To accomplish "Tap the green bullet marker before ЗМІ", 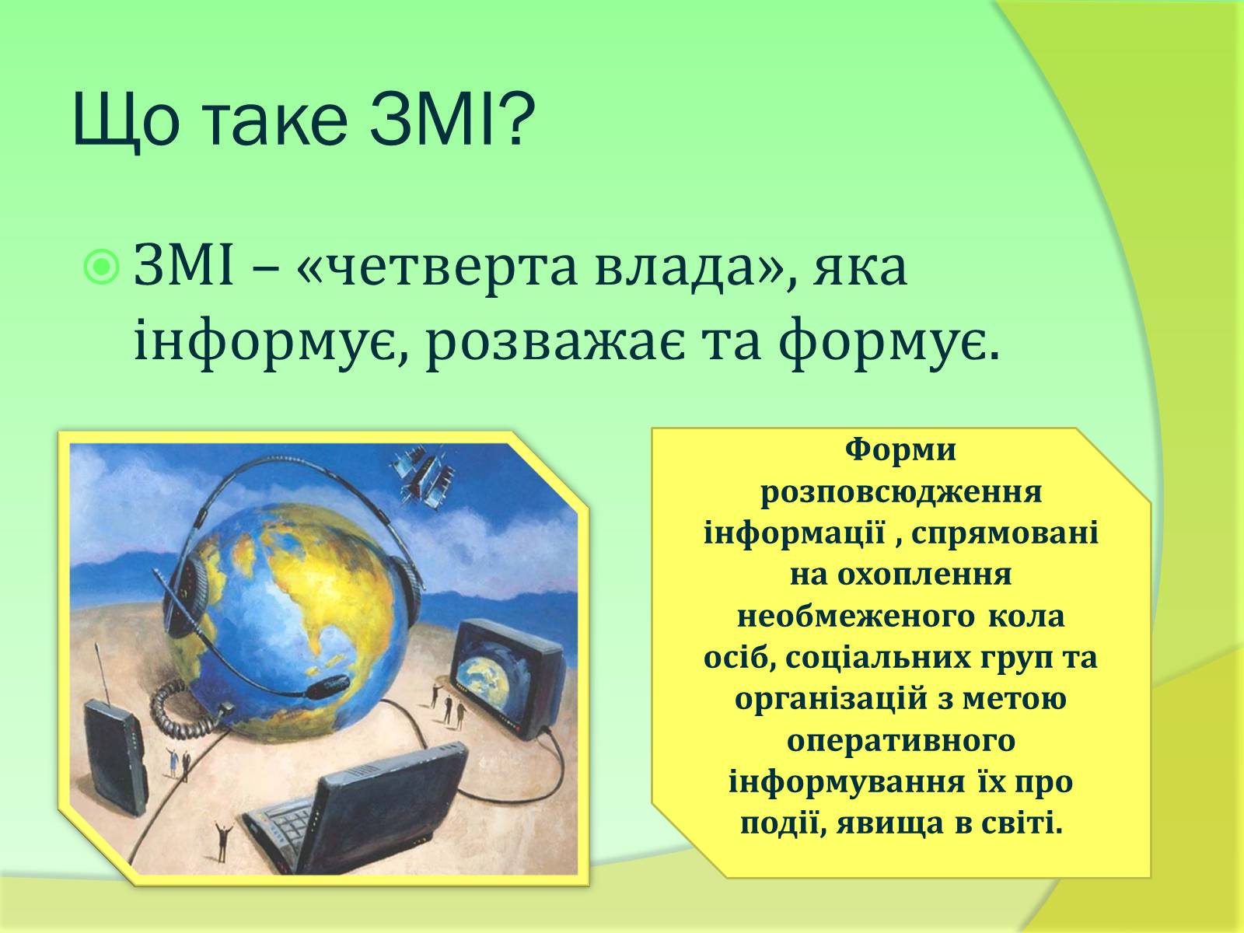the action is point(102,267).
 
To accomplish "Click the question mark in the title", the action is point(515,120).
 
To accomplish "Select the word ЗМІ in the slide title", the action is point(431,120).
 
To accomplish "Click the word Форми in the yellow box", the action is point(900,451).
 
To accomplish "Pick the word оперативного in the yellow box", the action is point(900,742).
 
